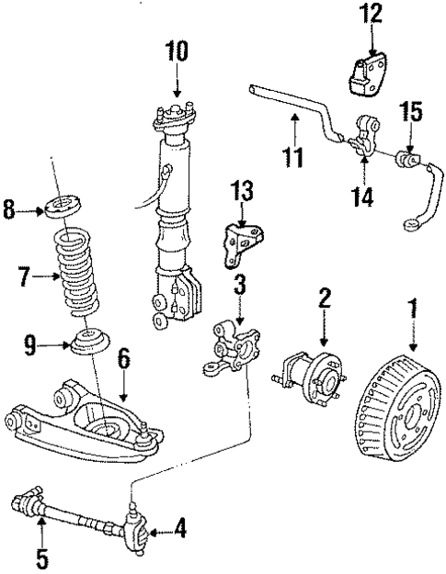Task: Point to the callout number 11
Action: click(292, 157)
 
